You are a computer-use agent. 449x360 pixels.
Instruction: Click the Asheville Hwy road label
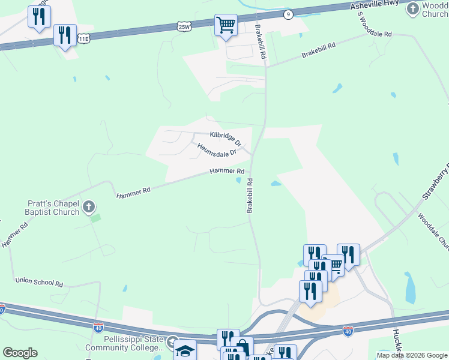pos(375,5)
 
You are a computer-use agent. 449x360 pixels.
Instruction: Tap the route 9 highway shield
pos(289,14)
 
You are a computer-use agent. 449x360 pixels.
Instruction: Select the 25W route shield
pos(184,26)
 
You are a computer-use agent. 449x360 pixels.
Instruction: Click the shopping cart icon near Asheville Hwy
pos(226,25)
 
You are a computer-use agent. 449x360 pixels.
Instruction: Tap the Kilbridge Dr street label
pos(225,139)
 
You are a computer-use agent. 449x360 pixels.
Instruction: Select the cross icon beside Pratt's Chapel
pos(89,208)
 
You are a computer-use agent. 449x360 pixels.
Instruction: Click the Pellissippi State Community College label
pos(124,344)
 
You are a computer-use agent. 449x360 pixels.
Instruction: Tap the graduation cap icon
pos(185,350)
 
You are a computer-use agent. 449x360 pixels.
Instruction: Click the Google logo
pos(20,353)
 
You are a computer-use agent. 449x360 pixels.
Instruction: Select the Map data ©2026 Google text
pos(411,355)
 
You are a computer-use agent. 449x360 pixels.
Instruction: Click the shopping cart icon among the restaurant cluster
pos(334,265)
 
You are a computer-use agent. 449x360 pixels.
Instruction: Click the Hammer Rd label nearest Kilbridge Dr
pos(226,172)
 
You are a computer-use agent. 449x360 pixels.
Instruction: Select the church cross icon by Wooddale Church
pos(412,8)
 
